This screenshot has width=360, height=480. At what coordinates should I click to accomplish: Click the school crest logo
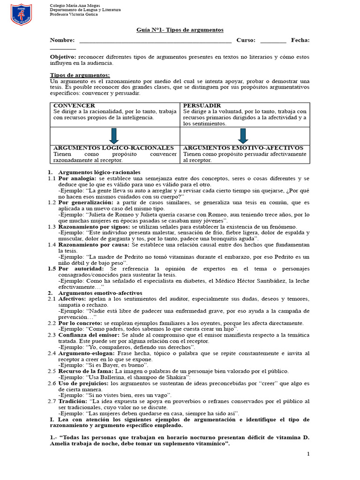(x=21, y=15)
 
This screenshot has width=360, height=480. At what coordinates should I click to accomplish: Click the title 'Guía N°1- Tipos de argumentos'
(x=180, y=30)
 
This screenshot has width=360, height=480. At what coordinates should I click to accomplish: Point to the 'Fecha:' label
(x=300, y=40)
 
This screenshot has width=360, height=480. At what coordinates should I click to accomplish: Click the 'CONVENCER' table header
(x=74, y=105)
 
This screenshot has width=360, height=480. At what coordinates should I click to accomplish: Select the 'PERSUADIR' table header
(x=202, y=105)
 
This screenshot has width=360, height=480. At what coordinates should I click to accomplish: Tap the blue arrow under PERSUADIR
(x=243, y=135)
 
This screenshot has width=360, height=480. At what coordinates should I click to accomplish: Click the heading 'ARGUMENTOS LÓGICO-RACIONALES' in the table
(x=113, y=148)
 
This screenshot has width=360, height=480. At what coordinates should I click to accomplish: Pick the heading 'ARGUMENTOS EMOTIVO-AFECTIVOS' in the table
(x=243, y=148)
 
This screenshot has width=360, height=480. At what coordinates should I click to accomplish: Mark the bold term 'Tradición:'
(x=73, y=401)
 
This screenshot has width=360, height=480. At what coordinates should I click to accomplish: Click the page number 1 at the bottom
(x=308, y=454)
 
